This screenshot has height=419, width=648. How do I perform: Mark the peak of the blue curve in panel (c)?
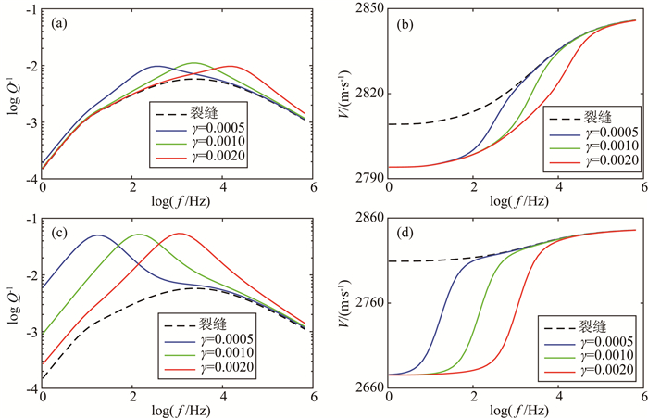98,235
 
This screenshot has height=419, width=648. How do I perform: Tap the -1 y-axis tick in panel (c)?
32,220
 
